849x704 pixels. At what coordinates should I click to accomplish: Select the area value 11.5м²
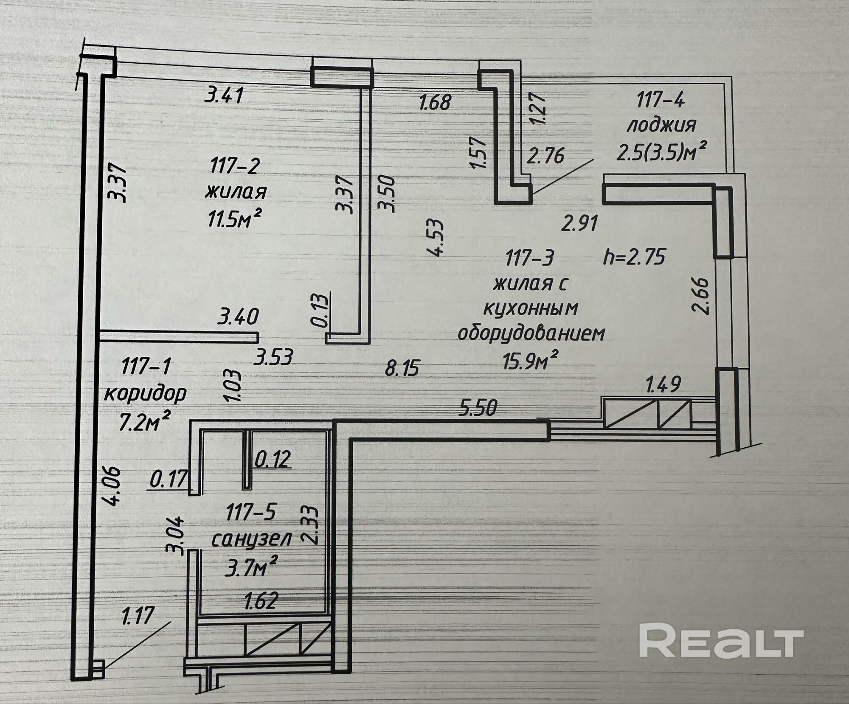tap(233, 219)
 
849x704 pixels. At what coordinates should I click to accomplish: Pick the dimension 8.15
tap(402, 367)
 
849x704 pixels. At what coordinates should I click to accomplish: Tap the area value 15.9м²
tap(530, 361)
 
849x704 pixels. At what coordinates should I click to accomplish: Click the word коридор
tap(145, 394)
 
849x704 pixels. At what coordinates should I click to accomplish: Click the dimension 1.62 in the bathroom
tap(261, 600)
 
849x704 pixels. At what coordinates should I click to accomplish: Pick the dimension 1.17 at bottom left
tap(137, 616)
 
